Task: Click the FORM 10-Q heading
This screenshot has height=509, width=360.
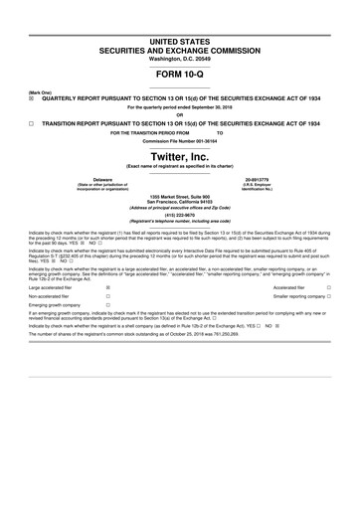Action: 180,75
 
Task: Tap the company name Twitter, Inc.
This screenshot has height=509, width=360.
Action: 180,157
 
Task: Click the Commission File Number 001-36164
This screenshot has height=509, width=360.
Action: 180,141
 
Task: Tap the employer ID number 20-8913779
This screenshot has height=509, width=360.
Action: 270,180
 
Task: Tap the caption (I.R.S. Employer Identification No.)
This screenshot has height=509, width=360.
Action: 270,188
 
